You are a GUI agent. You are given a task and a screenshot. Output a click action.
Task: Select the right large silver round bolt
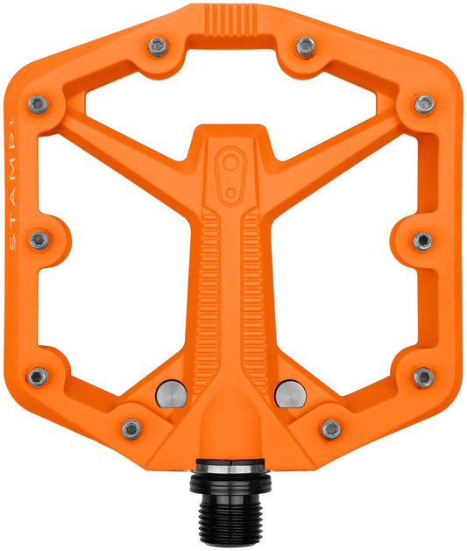pos(289,392)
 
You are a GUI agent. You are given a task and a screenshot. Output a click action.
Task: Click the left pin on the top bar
pos(158,46)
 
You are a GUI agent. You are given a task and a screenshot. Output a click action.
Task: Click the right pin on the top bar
pos(305,46)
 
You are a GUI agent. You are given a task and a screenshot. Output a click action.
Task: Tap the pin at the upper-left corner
pos(38,105)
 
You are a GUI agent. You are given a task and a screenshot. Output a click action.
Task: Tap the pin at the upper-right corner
pos(425,104)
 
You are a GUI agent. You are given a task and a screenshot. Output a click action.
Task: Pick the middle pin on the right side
pos(422,240)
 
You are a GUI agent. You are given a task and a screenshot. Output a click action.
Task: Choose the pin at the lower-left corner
pos(38,377)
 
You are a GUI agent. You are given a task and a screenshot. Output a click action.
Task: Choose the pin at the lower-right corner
pos(424,377)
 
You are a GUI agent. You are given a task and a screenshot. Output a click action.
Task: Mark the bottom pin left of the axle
pos(131,428)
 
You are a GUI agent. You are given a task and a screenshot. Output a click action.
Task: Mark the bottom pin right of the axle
pos(331,428)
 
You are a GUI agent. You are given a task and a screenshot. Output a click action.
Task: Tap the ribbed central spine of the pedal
pos(232,280)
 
